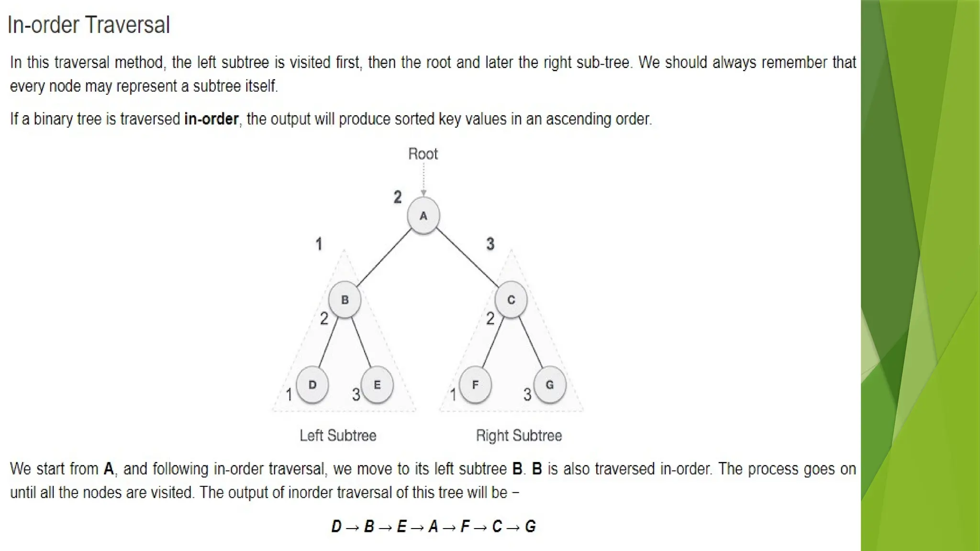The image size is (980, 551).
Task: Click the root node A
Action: pyautogui.click(x=423, y=216)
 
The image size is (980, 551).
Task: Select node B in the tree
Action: pyautogui.click(x=345, y=300)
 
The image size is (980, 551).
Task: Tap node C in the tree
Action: pyautogui.click(x=511, y=300)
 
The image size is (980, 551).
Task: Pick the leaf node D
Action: pyautogui.click(x=312, y=385)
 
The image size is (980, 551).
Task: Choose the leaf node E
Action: pyautogui.click(x=377, y=385)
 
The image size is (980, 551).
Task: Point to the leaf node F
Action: pyautogui.click(x=475, y=385)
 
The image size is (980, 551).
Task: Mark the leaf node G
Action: pyautogui.click(x=550, y=385)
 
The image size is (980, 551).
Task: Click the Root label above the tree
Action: pyautogui.click(x=423, y=154)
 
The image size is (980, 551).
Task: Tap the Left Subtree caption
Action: pyautogui.click(x=338, y=436)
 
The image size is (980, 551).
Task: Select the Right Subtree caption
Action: pyautogui.click(x=519, y=436)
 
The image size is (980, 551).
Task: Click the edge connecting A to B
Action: pyautogui.click(x=384, y=258)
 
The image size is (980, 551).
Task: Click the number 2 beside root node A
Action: pyautogui.click(x=398, y=197)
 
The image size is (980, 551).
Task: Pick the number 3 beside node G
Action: pyautogui.click(x=527, y=395)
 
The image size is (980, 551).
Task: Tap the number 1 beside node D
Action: pyautogui.click(x=289, y=395)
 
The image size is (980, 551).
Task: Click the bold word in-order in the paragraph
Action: pyautogui.click(x=211, y=119)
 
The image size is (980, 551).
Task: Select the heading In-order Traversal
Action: pyautogui.click(x=89, y=25)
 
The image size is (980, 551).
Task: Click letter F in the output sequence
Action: pyautogui.click(x=465, y=527)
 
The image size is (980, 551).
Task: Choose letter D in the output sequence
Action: pyautogui.click(x=336, y=527)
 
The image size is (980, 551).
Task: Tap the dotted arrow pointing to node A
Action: pyautogui.click(x=423, y=179)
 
